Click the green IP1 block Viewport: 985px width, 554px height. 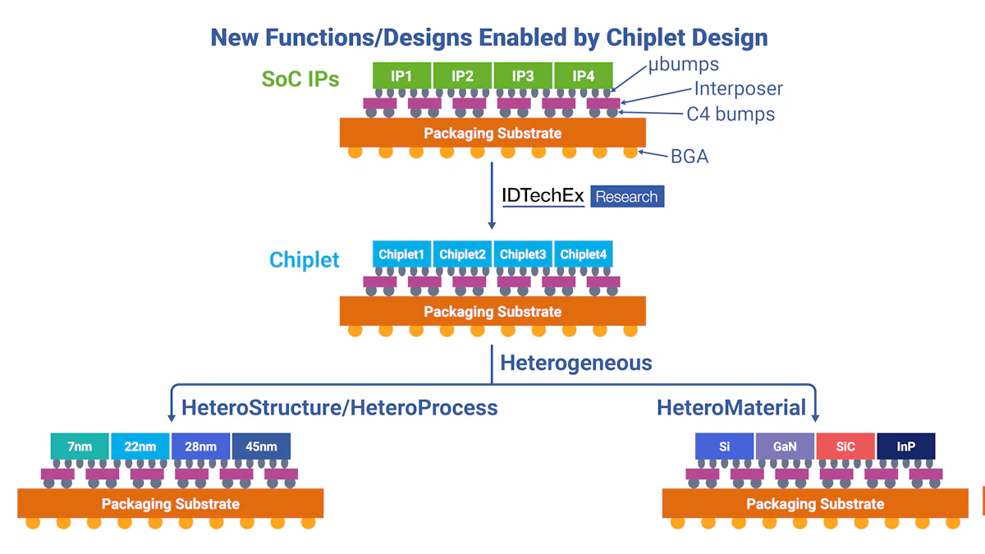(401, 76)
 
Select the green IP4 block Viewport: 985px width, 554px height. (584, 76)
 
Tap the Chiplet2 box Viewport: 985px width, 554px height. (462, 254)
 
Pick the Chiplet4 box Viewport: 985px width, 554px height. (584, 254)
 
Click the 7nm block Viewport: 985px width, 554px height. (80, 447)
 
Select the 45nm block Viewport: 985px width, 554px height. (261, 447)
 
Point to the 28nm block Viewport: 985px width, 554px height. (200, 447)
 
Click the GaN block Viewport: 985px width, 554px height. (785, 447)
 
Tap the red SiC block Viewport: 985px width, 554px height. (845, 447)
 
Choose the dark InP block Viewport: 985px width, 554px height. (906, 447)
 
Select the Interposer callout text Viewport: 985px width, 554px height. (738, 89)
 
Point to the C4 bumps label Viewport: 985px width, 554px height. (731, 114)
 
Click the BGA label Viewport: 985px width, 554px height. (689, 155)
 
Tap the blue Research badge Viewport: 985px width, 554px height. (627, 197)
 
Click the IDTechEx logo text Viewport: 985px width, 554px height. (543, 195)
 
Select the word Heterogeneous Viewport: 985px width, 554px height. (576, 363)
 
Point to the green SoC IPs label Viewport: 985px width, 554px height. (300, 79)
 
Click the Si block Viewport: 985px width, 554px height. (724, 447)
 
